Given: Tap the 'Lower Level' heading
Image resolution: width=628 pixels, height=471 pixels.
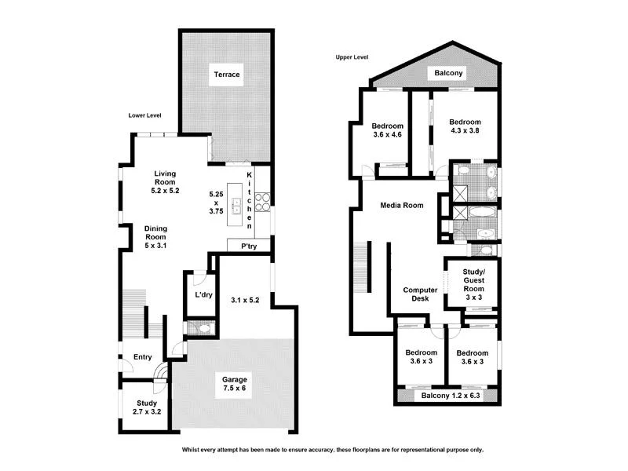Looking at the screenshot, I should (x=144, y=115).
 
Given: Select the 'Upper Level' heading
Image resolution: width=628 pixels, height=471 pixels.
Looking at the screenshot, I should (x=352, y=57).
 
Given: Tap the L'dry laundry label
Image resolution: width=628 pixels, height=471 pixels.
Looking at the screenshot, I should (x=203, y=295).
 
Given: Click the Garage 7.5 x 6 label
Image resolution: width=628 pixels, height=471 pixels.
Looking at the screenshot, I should (x=233, y=383).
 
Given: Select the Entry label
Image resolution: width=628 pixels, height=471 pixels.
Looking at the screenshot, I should (x=142, y=358).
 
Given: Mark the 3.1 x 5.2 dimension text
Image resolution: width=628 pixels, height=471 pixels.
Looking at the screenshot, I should (x=245, y=299).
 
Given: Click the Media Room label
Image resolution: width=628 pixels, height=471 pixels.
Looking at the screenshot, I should (x=401, y=206).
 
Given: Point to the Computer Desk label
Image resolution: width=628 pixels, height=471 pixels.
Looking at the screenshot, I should (x=420, y=294).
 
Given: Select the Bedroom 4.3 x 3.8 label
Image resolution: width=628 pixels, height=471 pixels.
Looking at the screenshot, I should (x=463, y=126).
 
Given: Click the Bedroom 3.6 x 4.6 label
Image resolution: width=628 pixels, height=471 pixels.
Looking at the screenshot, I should (x=387, y=130).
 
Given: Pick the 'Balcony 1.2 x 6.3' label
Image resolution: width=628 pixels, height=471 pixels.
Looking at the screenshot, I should (x=449, y=396).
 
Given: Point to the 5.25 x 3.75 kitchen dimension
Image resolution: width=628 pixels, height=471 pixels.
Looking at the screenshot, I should (x=216, y=203).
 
